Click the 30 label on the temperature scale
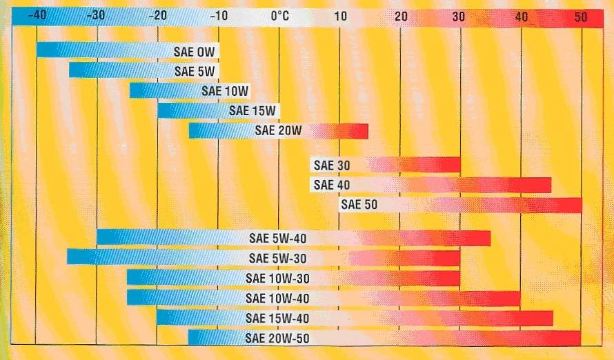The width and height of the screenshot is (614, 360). (x=459, y=16)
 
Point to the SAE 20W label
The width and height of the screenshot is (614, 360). (x=279, y=130)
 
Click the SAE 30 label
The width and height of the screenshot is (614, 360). (x=332, y=166)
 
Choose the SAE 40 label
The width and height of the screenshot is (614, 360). (x=332, y=185)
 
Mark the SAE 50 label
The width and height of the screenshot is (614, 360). (x=360, y=205)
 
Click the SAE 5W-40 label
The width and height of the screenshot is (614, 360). (x=277, y=239)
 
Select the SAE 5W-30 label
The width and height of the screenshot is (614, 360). (x=277, y=259)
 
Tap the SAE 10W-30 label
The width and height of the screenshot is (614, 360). (x=277, y=278)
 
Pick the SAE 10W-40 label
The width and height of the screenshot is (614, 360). (x=277, y=298)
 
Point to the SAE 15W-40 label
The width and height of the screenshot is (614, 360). (x=277, y=318)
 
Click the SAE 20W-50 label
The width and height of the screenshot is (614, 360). (x=277, y=338)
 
